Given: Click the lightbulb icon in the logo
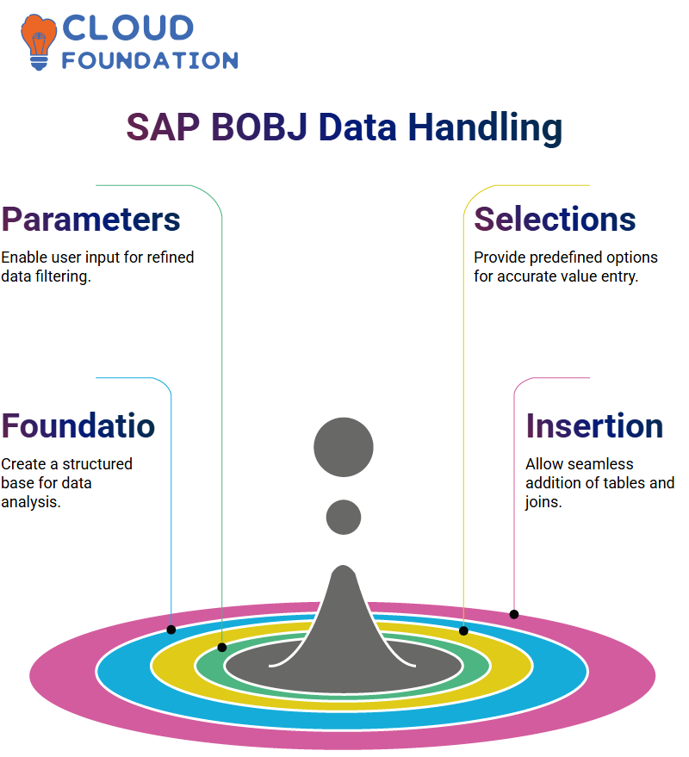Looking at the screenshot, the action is point(38,42).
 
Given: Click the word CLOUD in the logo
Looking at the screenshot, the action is point(128,28).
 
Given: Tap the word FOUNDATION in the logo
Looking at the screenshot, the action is point(150,60).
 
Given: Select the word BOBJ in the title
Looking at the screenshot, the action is point(259,127).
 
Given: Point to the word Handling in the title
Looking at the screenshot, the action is point(485,128).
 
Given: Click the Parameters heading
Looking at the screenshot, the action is point(90,220).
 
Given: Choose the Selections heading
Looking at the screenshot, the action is point(555,220).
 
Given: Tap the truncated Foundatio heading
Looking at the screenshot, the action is point(78,425).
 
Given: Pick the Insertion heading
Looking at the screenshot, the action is point(594,425).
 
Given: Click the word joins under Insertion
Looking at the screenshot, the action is point(543,502).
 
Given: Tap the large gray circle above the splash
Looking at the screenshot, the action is point(344,447).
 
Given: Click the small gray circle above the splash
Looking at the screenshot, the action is point(344,517).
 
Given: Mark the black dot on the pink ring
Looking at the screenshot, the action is point(514,615).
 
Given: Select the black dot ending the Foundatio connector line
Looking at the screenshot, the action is point(171,630).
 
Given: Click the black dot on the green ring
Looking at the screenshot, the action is point(222,648).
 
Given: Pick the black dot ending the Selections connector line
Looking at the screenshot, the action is point(463,630).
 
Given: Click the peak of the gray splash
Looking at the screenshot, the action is point(344,567).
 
